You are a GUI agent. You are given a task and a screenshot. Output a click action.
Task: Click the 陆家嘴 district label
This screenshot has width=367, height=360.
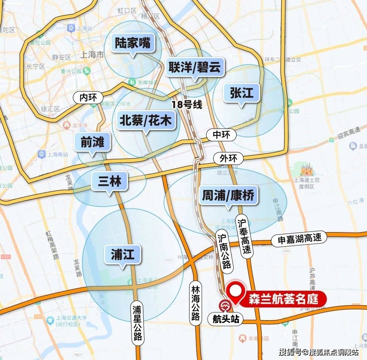point(133,44)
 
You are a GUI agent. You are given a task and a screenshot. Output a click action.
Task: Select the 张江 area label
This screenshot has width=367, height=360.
point(242,92)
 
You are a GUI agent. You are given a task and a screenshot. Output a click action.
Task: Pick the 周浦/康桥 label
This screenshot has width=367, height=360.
point(228,195)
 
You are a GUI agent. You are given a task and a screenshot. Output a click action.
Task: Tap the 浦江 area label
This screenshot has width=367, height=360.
point(122,254)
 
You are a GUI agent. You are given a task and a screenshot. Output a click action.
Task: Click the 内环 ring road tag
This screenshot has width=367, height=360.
point(88,98)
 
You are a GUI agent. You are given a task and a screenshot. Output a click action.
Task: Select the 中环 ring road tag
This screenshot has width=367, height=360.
point(221,135)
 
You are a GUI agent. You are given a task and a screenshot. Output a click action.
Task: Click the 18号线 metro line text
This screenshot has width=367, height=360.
point(187,105)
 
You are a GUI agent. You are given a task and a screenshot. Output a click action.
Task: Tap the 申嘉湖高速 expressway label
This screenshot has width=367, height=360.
point(299,239)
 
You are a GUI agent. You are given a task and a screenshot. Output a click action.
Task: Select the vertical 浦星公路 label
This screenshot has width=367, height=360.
point(138,323)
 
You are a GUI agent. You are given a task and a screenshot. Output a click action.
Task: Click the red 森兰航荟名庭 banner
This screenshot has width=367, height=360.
point(283,299)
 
